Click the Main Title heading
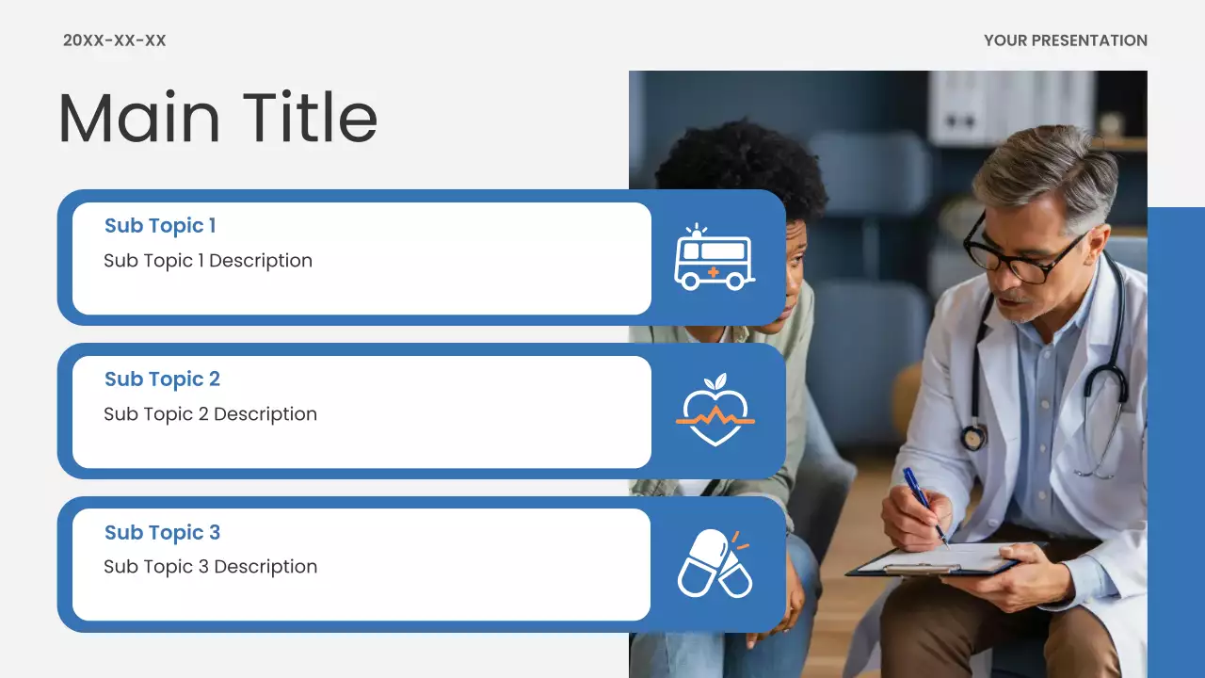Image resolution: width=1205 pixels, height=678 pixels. coord(217,119)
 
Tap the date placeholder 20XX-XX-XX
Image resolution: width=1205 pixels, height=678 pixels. coord(114,40)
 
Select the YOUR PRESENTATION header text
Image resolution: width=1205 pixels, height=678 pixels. coord(1065,40)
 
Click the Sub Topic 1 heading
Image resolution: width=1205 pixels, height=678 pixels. coord(160,226)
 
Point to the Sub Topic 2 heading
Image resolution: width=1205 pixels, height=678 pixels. coord(162,379)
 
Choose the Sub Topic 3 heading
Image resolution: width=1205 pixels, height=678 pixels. coord(162,533)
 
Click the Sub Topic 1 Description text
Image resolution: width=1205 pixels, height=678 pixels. coord(207,261)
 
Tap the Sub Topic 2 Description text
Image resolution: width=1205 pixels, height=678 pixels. coord(210,414)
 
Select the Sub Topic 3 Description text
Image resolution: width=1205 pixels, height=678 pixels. coord(210,567)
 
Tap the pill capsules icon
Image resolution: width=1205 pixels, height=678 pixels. coord(715,564)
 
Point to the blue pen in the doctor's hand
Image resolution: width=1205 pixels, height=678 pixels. coord(924,505)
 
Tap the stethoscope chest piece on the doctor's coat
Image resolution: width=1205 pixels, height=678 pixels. coord(972,437)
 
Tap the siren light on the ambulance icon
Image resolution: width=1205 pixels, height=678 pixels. coord(696,231)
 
